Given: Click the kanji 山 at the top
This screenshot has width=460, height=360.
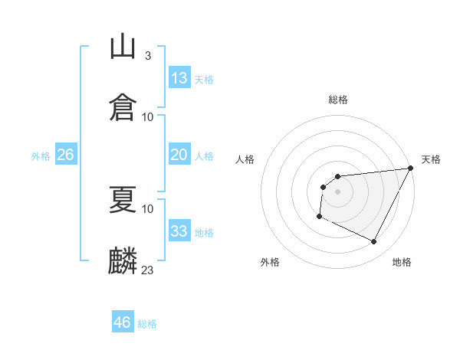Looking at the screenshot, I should click(123, 47).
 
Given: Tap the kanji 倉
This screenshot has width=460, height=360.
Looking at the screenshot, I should click(123, 106).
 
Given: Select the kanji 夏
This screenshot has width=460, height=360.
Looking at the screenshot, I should click(123, 198).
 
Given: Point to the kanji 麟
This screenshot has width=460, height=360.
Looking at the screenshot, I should click(123, 259).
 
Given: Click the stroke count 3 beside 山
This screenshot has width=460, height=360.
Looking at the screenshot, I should click(147, 56).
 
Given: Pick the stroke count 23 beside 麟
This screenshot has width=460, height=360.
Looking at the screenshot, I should click(148, 270).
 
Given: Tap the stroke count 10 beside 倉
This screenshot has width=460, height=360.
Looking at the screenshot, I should click(148, 117).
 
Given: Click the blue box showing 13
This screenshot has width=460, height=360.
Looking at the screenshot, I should click(179, 78).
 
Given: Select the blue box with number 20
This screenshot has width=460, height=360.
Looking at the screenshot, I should click(179, 155).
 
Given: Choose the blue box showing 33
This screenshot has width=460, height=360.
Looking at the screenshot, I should click(179, 231).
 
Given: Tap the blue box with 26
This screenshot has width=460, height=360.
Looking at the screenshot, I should click(65, 155).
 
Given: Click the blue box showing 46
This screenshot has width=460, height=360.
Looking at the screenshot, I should click(123, 322).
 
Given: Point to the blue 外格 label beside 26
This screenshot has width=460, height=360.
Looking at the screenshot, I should click(41, 156).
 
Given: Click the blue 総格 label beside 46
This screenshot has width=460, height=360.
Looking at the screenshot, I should click(147, 324).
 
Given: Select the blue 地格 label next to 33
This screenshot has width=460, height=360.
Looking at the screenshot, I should click(204, 233).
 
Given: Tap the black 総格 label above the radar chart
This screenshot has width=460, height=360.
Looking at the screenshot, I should click(338, 100).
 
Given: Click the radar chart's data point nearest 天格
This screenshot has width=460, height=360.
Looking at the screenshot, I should click(410, 169).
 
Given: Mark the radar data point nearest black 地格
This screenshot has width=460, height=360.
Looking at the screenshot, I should click(374, 242).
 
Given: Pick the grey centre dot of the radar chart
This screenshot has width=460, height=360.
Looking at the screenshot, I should click(337, 191).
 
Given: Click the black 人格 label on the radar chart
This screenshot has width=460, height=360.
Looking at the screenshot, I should click(245, 159).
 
